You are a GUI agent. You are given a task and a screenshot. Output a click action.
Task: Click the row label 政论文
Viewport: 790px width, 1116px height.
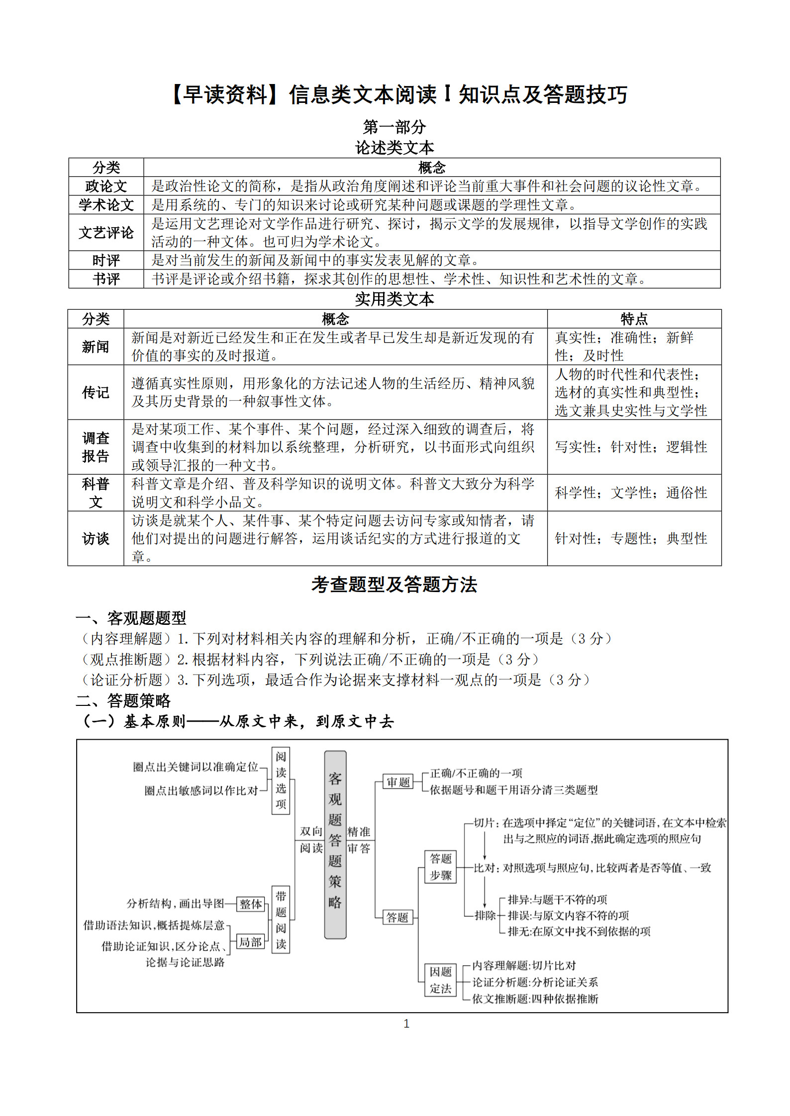[x=106, y=186]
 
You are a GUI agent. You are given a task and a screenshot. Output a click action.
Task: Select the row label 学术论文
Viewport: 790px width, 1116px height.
[x=106, y=205]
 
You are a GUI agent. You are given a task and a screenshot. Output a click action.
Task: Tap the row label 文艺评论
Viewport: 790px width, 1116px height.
[x=106, y=232]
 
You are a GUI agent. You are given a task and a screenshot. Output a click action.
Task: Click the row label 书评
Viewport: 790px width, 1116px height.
[x=106, y=279]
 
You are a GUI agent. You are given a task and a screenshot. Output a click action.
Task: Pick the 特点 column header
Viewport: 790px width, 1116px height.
[x=634, y=319]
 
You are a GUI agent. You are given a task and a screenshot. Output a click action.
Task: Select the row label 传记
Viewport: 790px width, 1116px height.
[x=96, y=392]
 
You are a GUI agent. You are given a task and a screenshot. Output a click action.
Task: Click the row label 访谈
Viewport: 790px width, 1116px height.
[x=96, y=538]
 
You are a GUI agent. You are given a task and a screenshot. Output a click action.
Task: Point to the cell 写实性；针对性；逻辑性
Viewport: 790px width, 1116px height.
[x=631, y=447]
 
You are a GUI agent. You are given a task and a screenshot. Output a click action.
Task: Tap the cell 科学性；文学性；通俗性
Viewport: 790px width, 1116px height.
[x=631, y=493]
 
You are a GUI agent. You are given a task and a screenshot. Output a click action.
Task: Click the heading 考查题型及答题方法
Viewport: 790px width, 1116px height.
[x=395, y=585]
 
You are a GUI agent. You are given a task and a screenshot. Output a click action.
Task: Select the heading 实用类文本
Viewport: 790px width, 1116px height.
[x=395, y=299]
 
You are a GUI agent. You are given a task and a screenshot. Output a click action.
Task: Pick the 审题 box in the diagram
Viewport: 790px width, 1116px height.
[x=398, y=782]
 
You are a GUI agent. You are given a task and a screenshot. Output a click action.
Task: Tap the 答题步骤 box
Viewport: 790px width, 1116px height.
[x=441, y=866]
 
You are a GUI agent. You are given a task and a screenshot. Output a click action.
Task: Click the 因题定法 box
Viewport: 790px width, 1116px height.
[x=441, y=980]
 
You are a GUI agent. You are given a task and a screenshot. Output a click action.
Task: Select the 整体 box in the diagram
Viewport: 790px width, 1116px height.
[x=250, y=904]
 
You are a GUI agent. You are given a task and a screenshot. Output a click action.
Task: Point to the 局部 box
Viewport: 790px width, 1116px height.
[x=250, y=942]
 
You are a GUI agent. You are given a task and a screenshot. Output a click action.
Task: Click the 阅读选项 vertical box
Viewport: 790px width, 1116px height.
[x=281, y=780]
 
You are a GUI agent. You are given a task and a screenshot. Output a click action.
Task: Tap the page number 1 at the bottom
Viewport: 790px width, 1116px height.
[x=406, y=1024]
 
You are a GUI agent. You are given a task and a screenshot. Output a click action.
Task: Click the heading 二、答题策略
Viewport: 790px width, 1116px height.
[x=123, y=701]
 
